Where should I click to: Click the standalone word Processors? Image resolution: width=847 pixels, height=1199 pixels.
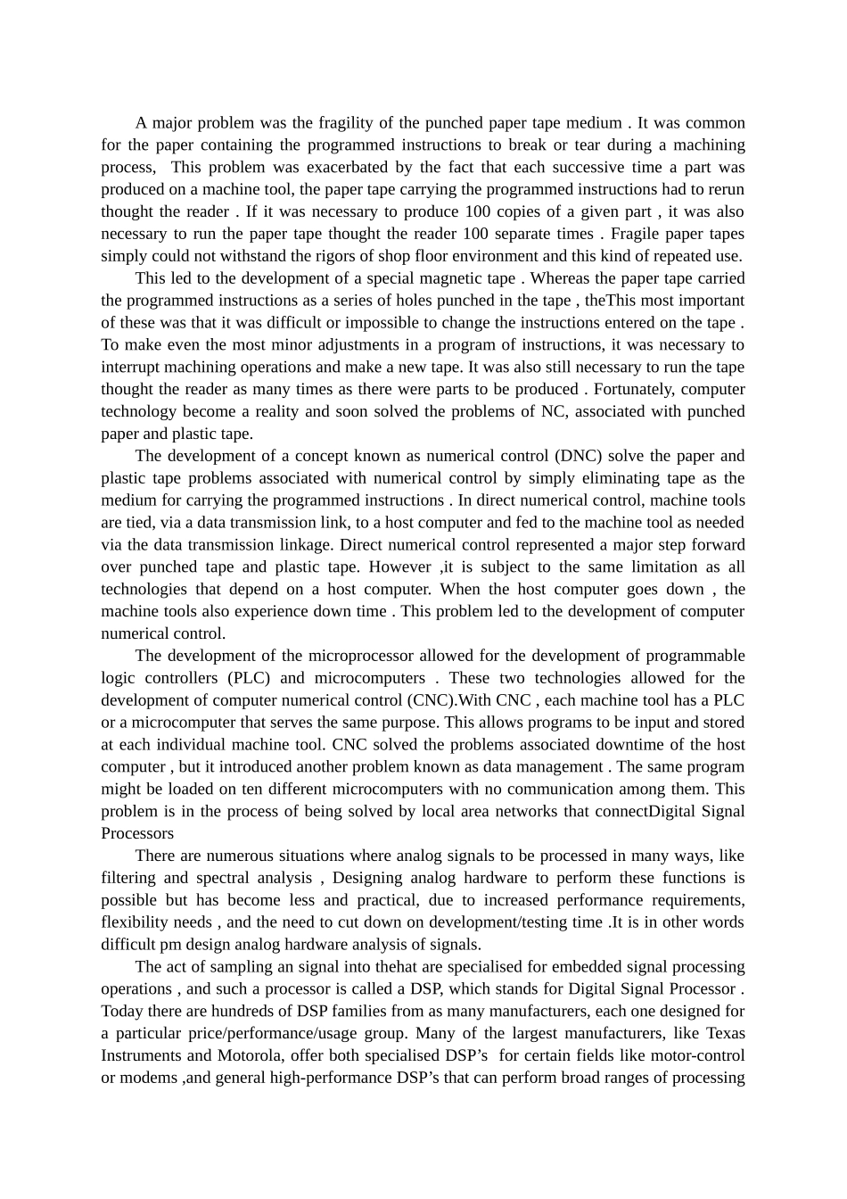(x=137, y=833)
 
